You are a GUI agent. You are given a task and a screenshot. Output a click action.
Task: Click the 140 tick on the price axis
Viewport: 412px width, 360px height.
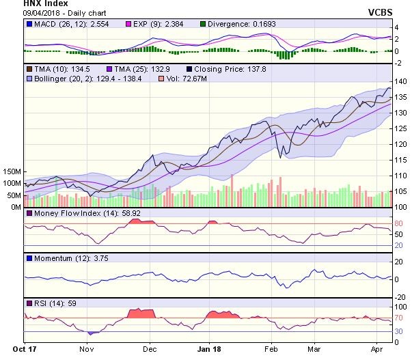click(x=401, y=82)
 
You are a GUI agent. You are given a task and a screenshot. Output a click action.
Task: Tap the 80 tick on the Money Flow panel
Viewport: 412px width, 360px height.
click(x=398, y=223)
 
